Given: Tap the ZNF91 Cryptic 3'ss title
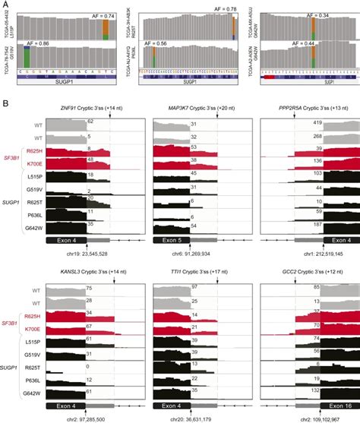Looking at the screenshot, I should (89, 109).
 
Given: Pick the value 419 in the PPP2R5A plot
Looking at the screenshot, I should (313, 122).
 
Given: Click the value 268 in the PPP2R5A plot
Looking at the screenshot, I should (313, 137).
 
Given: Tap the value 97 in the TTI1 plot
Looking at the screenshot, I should (194, 286).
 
